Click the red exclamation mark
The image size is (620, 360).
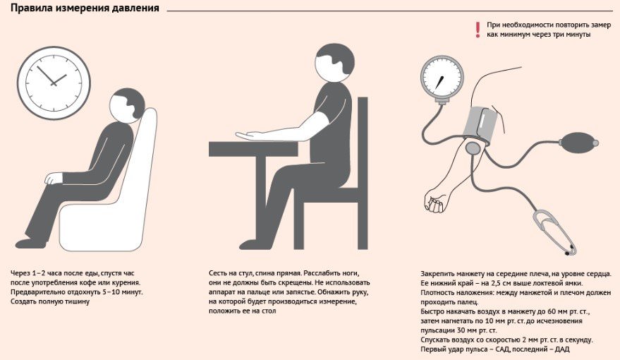478,30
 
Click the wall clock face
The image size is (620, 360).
54,83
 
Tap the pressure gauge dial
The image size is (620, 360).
442,79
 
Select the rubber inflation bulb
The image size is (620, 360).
578,142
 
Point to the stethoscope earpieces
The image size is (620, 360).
570,250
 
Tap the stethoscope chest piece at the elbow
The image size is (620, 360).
473,148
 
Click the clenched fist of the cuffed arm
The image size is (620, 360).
434,202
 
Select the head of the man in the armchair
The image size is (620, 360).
127,105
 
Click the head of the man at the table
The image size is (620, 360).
334,63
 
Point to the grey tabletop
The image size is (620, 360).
253,148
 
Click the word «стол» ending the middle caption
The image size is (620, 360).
268,311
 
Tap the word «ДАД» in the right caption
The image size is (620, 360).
562,349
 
